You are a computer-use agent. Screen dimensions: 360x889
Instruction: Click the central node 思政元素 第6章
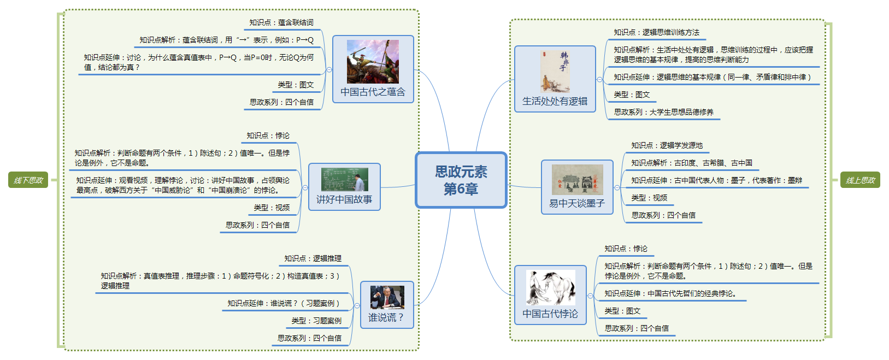[461, 180]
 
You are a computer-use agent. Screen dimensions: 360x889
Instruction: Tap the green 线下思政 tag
[28, 180]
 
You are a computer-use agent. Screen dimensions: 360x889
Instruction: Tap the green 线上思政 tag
[860, 180]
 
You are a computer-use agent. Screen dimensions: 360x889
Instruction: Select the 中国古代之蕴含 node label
[373, 92]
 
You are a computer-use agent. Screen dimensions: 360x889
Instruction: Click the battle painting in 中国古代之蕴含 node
[373, 61]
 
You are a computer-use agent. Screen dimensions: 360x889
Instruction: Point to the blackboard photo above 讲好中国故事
[344, 180]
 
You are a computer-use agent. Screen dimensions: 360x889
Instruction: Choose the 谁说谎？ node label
[386, 317]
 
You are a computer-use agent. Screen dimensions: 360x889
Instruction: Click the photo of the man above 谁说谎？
[387, 297]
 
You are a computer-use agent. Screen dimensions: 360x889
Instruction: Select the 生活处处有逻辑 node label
[555, 101]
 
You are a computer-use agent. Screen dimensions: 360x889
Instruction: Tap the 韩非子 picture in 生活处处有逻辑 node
[555, 71]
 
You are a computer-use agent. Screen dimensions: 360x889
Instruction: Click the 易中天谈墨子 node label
[577, 203]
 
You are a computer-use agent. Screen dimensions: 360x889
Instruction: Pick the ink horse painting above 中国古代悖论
[550, 287]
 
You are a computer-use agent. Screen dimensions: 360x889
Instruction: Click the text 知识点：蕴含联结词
[281, 22]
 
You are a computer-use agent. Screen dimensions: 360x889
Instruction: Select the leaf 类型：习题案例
[316, 321]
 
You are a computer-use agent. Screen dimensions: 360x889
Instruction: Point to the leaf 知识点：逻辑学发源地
[667, 145]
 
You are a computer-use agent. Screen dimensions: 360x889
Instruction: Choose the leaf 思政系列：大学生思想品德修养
[663, 112]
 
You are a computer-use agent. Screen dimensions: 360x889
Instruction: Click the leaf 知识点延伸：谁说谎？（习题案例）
[284, 303]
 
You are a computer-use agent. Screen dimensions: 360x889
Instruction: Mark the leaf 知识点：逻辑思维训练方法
[656, 32]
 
